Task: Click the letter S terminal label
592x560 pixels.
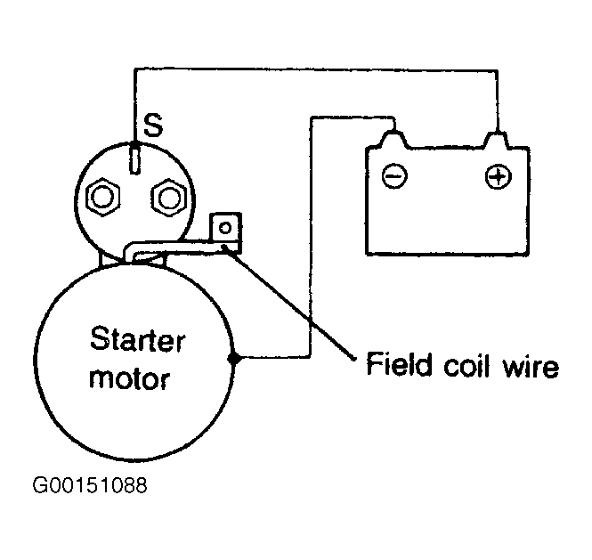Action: [153, 125]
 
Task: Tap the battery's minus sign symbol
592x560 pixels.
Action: [394, 176]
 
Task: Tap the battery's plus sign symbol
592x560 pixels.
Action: [499, 176]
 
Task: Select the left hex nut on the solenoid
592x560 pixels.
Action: [102, 197]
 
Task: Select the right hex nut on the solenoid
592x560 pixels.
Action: [168, 197]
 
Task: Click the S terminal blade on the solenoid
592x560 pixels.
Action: [134, 158]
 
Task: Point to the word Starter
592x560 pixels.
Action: [137, 339]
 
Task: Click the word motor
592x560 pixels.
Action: [129, 378]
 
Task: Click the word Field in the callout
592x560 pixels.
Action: [399, 364]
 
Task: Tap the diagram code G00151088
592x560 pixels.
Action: [90, 485]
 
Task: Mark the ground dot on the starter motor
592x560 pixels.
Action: [234, 358]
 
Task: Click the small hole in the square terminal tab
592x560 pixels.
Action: [225, 228]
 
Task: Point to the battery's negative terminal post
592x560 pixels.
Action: [394, 139]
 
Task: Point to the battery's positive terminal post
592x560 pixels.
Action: [497, 140]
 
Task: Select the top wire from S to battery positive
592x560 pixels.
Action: [316, 69]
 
